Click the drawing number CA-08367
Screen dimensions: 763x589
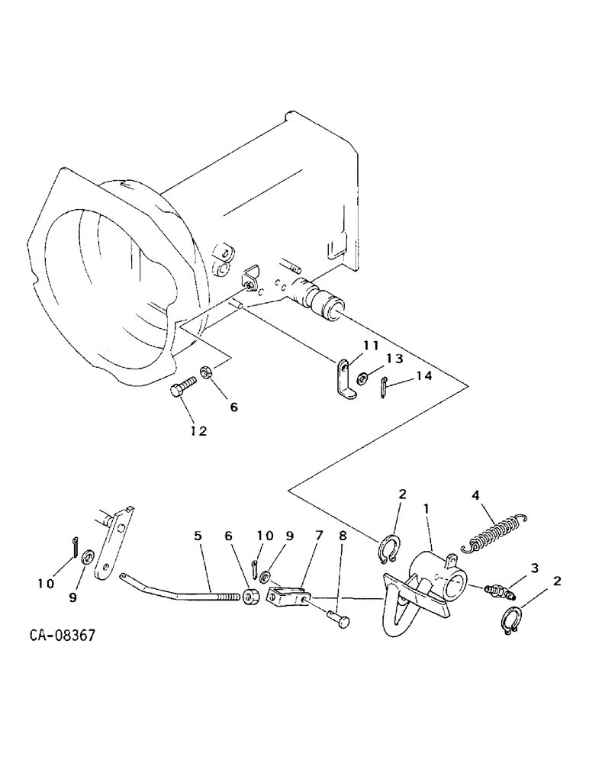(x=63, y=635)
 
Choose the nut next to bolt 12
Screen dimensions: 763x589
(x=206, y=373)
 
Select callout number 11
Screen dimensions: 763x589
(x=371, y=346)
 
